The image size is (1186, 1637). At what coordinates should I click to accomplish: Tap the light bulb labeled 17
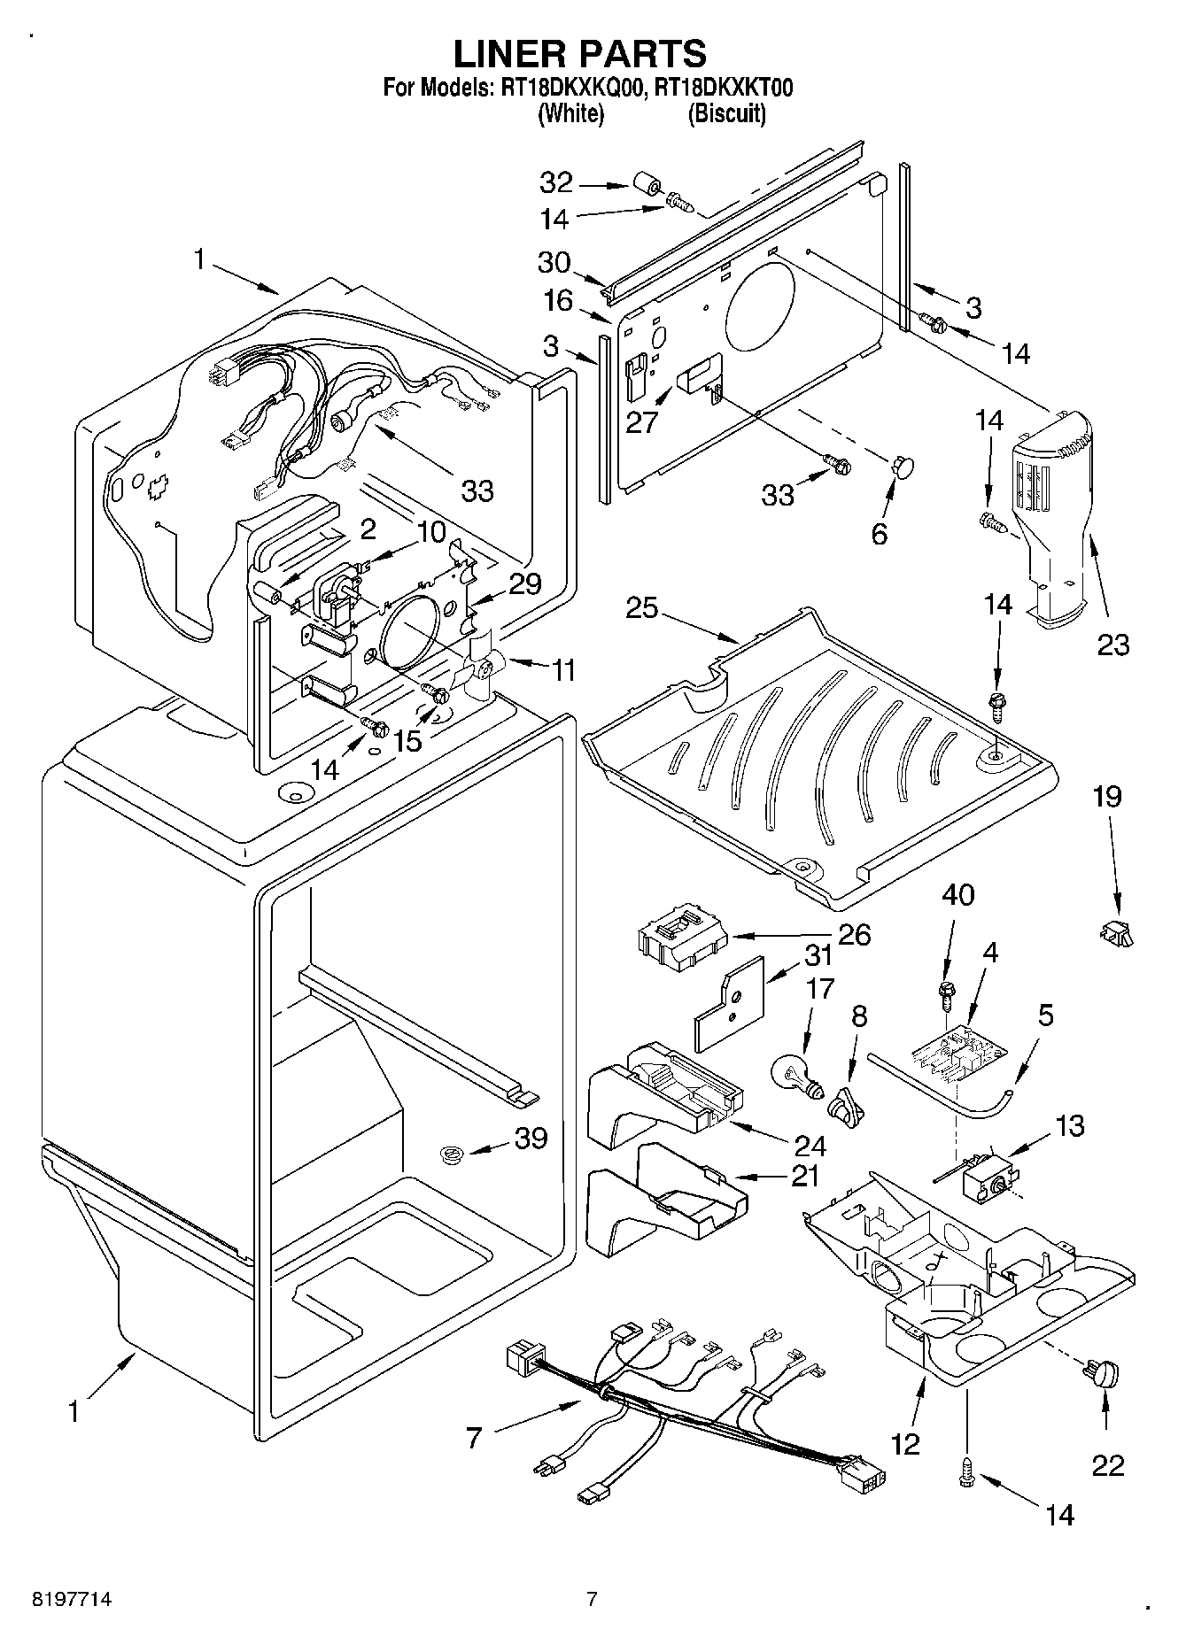[x=799, y=1073]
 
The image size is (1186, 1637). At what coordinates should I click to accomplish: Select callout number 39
[x=531, y=1138]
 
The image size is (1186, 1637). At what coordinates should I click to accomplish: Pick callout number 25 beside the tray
[x=643, y=609]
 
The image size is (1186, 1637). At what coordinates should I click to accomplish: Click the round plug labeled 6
[x=903, y=467]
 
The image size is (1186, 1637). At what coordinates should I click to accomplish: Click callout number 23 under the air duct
[x=1113, y=645]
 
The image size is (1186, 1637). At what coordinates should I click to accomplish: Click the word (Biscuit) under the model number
[x=726, y=113]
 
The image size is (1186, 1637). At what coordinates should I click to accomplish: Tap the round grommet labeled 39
[x=453, y=1154]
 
